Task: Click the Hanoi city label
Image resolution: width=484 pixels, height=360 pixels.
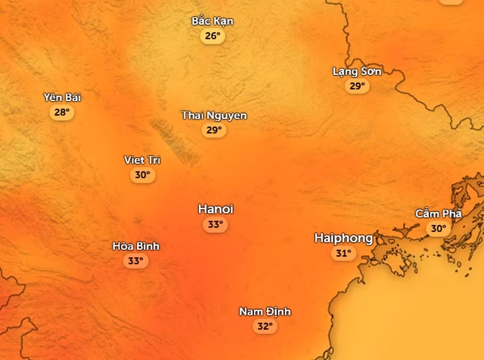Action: [215, 209]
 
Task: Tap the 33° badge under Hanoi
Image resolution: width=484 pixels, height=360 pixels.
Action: [215, 225]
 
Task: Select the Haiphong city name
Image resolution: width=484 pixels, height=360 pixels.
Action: [343, 238]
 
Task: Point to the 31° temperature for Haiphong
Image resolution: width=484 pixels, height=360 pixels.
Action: [343, 253]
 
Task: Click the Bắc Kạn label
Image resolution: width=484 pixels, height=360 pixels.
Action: [212, 21]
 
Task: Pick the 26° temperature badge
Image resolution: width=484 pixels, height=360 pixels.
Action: [212, 36]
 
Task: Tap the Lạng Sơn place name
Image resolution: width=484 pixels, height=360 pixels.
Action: [357, 71]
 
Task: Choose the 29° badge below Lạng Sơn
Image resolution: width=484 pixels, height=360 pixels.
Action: [357, 86]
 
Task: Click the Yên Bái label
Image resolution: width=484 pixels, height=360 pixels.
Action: [62, 97]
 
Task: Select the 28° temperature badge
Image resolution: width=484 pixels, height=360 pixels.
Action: [62, 112]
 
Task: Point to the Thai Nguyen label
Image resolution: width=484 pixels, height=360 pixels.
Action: [214, 116]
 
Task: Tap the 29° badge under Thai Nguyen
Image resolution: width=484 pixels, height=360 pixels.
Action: [214, 130]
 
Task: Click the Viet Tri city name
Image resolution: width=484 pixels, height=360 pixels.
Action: [142, 160]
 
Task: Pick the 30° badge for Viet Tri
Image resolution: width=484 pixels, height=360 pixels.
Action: [142, 175]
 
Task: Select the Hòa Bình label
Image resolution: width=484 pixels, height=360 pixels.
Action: [136, 246]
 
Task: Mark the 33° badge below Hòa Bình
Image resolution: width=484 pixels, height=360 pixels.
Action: [136, 261]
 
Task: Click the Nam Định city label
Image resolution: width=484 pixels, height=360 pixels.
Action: [265, 312]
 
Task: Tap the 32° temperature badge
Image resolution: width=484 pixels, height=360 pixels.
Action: [265, 326]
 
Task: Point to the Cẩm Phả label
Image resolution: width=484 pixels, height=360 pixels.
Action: [438, 214]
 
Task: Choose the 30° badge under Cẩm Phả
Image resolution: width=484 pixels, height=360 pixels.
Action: [438, 229]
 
